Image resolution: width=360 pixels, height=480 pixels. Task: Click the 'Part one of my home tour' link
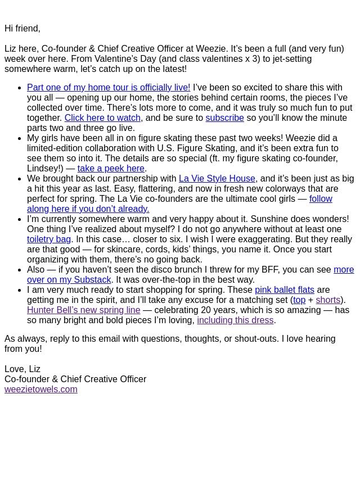[x=109, y=88]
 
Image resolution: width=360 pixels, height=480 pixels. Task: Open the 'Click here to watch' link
[x=102, y=118]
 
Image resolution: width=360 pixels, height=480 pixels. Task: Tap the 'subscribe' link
[x=224, y=118]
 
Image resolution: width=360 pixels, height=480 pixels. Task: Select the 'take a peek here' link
[x=111, y=169]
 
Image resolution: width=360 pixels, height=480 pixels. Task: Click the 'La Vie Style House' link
[x=217, y=179]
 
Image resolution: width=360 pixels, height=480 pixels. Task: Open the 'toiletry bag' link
[x=49, y=239]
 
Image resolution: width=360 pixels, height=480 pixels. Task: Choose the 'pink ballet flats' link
[x=285, y=290]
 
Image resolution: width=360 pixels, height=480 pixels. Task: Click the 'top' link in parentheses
[x=299, y=300]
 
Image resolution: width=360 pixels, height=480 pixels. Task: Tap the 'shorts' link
[x=328, y=300]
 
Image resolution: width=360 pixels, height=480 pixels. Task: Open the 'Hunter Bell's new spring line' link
[x=84, y=310]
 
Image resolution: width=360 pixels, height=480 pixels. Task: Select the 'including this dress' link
[x=235, y=320]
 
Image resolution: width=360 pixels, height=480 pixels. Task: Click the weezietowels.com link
[x=41, y=390]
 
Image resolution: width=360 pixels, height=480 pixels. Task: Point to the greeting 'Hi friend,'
[x=22, y=29]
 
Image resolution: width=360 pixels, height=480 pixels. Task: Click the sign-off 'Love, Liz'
[x=22, y=369]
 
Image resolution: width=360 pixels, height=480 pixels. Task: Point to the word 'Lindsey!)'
[x=46, y=169]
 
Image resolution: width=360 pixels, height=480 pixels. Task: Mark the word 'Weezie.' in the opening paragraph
[x=211, y=49]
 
